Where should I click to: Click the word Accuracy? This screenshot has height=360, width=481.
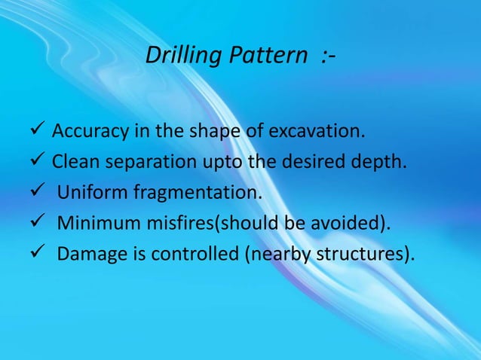point(87,133)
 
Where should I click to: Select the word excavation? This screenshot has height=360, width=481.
point(313,133)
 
